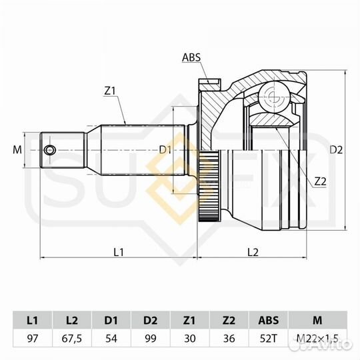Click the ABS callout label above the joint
point(192,58)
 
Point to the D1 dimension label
point(165,150)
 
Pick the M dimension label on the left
point(18,150)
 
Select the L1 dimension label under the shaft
point(119,252)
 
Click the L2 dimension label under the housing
point(253,252)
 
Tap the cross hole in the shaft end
point(49,150)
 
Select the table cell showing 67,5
point(73,339)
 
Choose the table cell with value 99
point(151,339)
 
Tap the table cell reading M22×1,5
point(318,339)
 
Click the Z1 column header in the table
point(191,320)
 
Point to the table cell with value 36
point(229,339)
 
